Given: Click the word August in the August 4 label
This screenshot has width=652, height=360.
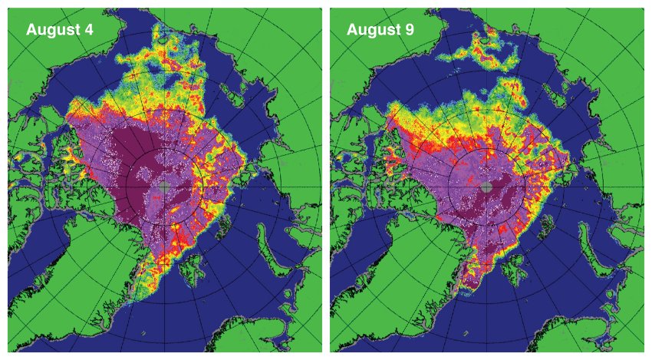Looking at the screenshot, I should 54,30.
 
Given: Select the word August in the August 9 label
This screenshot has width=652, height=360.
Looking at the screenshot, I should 376,30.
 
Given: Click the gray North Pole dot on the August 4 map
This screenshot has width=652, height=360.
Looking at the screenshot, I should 163,187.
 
